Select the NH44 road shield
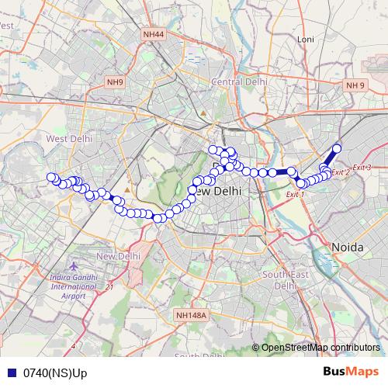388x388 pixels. coord(153,35)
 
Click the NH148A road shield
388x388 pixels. coord(191,314)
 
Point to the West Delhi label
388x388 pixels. coord(69,138)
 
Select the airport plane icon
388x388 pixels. coord(74,265)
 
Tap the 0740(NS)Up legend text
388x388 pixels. coord(54,373)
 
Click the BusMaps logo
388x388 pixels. coord(351,372)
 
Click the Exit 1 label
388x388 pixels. coord(295,194)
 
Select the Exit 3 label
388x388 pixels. coord(362,168)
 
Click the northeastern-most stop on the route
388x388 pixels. coord(337,148)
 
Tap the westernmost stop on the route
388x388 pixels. coord(51,178)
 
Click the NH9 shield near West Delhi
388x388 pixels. coord(116,82)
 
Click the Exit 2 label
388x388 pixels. coord(341,172)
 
